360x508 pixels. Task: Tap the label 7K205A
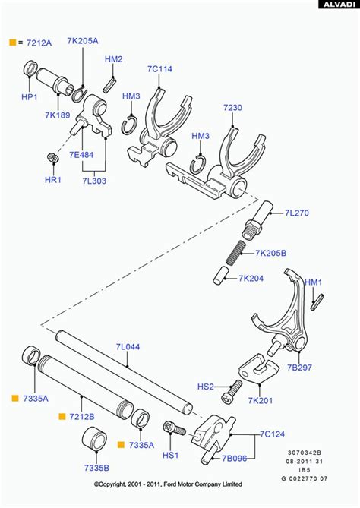pyautogui.click(x=82, y=41)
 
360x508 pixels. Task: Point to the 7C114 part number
pyautogui.click(x=159, y=69)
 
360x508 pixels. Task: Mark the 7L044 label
pyautogui.click(x=128, y=346)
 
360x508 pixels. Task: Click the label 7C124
pyautogui.click(x=271, y=435)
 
